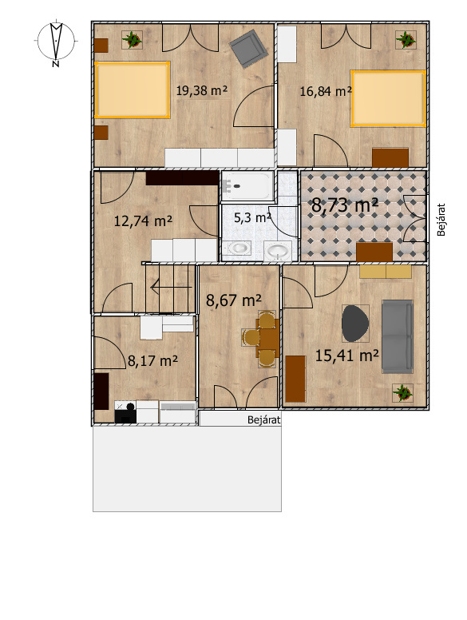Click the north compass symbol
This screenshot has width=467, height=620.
tap(56, 42)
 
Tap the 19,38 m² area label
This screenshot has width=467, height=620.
tap(201, 90)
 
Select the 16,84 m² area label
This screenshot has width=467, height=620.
tap(326, 91)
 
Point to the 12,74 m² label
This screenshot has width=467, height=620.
tap(143, 221)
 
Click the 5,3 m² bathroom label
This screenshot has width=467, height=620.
tap(252, 217)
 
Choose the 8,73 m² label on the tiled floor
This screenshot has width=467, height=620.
tap(345, 205)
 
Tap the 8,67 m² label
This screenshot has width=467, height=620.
tap(233, 300)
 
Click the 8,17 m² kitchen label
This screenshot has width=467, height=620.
tap(152, 360)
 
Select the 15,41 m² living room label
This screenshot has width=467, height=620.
tap(347, 356)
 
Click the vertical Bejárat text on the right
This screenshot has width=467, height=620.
tap(441, 220)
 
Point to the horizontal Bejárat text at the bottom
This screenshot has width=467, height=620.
tap(264, 419)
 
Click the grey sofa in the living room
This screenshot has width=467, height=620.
tap(398, 336)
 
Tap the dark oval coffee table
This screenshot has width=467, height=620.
tap(355, 323)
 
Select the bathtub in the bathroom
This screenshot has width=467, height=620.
tap(247, 186)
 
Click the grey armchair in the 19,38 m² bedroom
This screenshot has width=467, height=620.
tap(247, 49)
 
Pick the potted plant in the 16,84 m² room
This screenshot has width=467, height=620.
tap(406, 39)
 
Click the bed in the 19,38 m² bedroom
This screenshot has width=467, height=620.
tap(133, 89)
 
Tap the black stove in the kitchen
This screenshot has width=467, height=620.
tap(125, 412)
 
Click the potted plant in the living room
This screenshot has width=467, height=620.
tap(402, 393)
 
